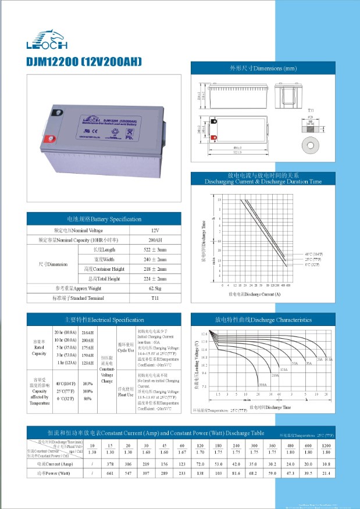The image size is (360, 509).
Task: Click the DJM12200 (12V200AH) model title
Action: tap(84, 61)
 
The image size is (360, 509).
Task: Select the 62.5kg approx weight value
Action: tap(155, 288)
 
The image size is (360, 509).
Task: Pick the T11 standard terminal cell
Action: tap(155, 298)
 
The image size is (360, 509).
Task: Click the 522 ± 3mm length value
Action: tap(155, 249)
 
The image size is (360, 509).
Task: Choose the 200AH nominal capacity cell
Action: tap(155, 239)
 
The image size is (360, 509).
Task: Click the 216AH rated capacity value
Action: tap(88, 331)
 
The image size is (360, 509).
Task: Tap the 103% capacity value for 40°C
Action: tap(88, 383)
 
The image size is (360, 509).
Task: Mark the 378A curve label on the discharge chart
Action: tap(263, 385)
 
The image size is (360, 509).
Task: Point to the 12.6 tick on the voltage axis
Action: tap(204, 335)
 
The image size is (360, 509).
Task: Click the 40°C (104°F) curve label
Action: tap(314, 254)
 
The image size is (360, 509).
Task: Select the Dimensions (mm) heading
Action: tap(263, 69)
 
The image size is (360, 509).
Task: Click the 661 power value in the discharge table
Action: tap(109, 474)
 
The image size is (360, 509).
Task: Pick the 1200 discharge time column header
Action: tap(326, 445)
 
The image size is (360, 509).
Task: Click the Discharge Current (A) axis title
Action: tap(254, 295)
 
